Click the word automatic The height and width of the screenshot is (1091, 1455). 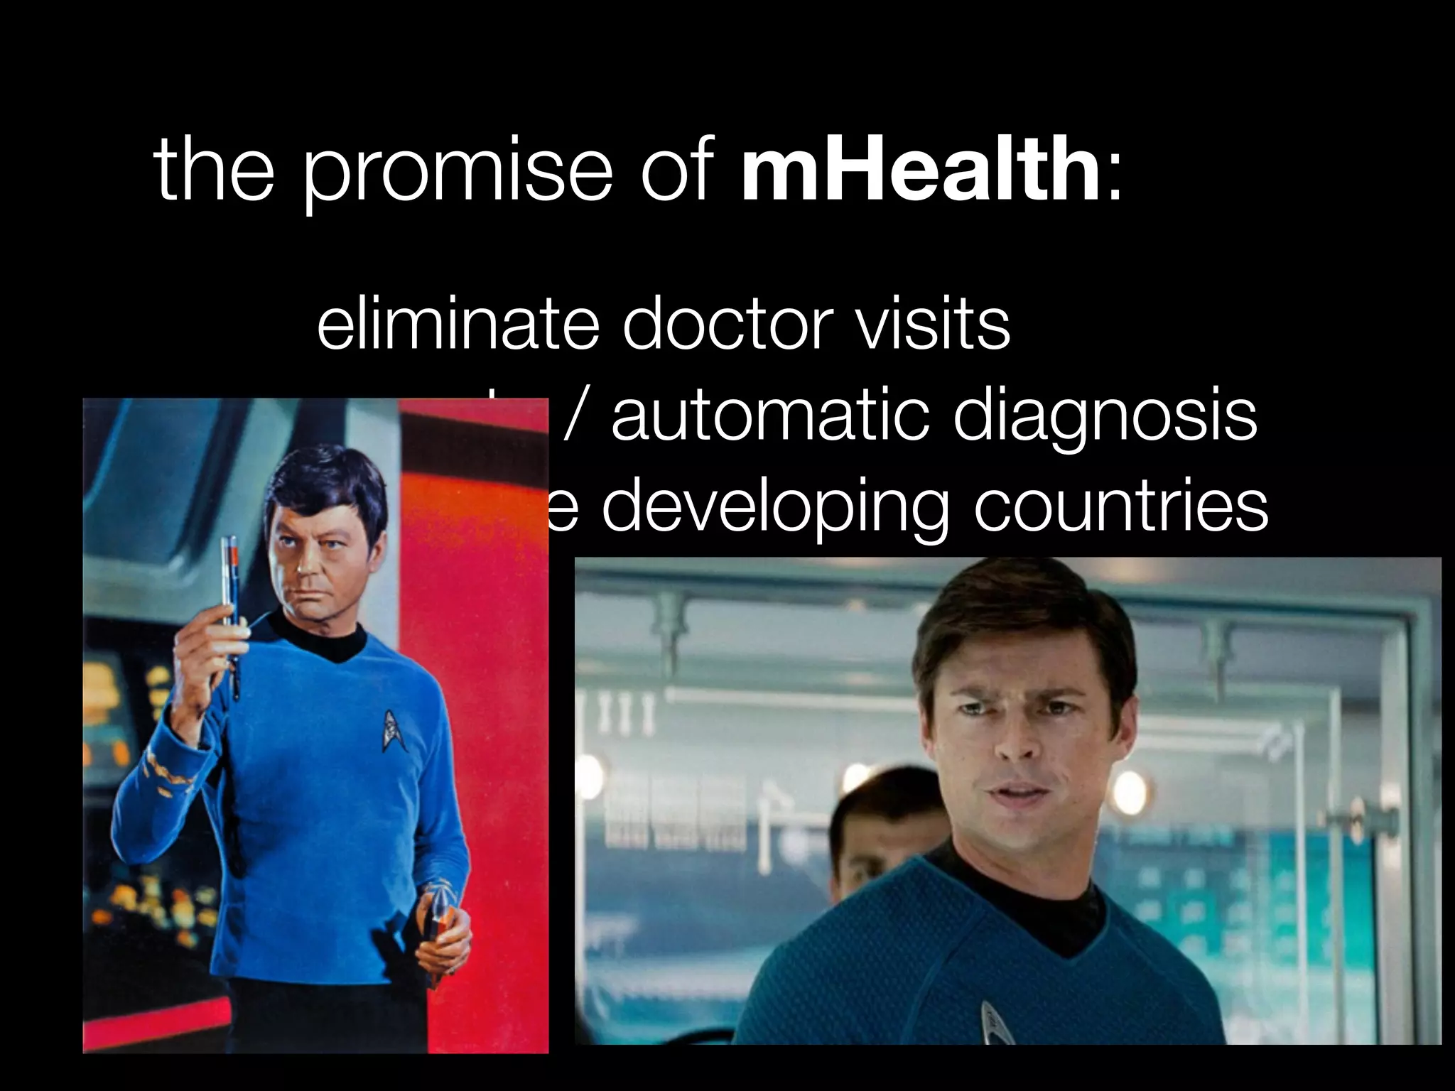[770, 416]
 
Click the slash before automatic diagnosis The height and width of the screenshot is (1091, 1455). [575, 416]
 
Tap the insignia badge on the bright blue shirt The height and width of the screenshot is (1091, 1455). [389, 729]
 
